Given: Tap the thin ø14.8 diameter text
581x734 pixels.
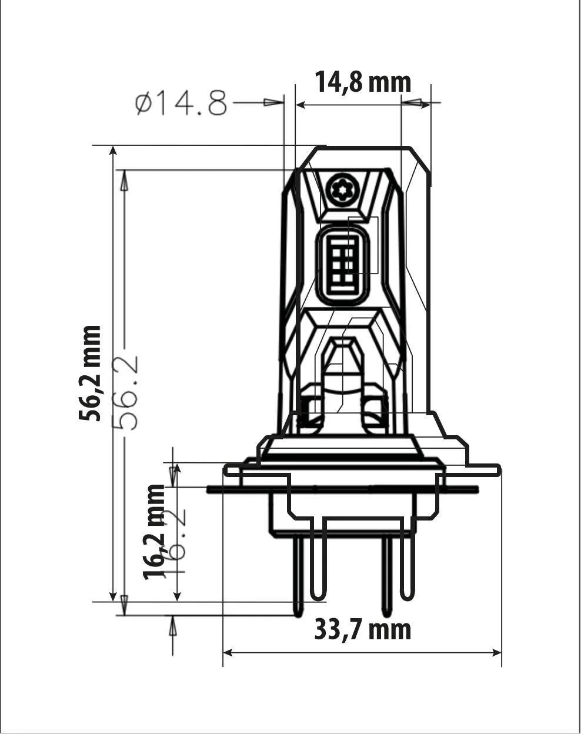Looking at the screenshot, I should point(181,104).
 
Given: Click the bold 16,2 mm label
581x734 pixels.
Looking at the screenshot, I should point(155,532).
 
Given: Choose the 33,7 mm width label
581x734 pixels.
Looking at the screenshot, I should point(362,629).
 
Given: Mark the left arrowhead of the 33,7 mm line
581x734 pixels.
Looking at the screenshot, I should point(229,652).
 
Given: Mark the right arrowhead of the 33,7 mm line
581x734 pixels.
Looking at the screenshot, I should point(495,652).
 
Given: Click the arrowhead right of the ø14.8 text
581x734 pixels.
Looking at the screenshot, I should point(272,102).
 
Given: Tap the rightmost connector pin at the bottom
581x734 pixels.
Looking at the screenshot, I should point(407,568).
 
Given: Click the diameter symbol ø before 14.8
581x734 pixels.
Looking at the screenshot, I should point(143,104).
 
